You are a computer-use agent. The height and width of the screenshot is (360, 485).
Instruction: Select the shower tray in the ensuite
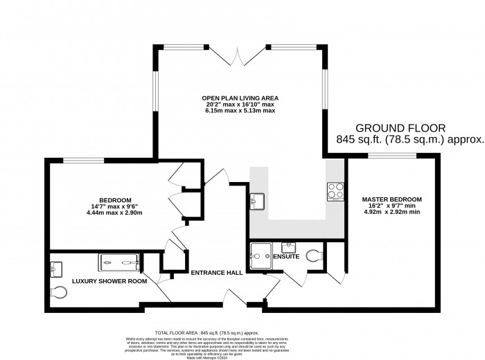261,254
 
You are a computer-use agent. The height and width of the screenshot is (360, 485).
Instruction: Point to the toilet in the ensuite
317,255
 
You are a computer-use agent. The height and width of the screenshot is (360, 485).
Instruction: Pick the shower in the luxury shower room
121,262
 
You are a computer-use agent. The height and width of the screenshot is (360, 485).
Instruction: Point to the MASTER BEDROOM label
392,199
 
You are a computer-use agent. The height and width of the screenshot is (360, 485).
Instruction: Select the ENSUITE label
285,257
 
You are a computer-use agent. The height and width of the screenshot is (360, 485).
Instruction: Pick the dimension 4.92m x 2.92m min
392,213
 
